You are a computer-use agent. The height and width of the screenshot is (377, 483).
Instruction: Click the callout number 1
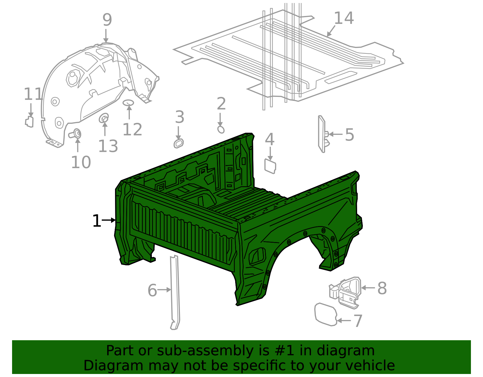point(97,221)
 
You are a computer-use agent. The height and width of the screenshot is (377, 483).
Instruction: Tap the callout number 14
point(344,18)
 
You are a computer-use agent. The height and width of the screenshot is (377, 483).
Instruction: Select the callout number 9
point(107,20)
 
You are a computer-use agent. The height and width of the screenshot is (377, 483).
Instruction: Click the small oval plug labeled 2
point(221,129)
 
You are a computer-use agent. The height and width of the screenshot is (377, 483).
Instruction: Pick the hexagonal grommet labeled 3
point(179,143)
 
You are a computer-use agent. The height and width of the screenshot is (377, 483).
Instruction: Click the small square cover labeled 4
point(270,166)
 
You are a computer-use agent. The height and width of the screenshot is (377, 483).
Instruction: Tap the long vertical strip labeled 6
point(175,293)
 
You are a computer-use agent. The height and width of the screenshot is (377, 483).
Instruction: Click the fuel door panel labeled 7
point(325,315)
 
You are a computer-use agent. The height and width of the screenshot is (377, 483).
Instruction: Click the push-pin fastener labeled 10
point(76,133)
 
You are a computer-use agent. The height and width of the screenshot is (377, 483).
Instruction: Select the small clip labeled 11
point(29,121)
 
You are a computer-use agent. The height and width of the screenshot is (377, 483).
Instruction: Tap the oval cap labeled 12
point(128,103)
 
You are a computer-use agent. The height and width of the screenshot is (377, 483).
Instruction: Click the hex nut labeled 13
point(104,118)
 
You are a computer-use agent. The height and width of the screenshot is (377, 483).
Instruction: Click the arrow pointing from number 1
point(109,220)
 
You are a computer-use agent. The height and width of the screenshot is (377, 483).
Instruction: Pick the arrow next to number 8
point(368,288)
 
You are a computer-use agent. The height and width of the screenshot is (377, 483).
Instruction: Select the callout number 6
point(152,290)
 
